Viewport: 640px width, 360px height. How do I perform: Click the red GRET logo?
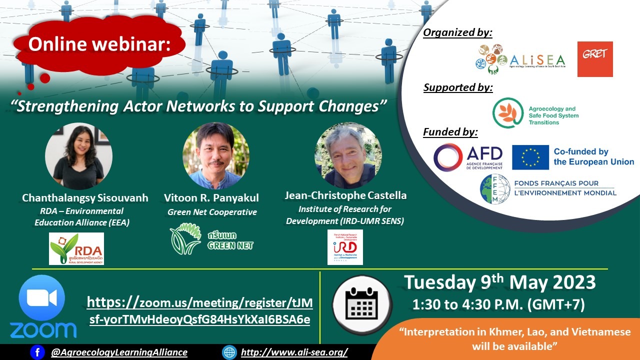click(595, 59)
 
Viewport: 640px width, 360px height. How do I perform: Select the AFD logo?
click(468, 157)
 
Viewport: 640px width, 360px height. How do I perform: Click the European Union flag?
click(530, 157)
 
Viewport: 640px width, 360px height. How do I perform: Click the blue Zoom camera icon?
click(42, 298)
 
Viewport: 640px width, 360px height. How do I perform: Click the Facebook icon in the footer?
click(37, 352)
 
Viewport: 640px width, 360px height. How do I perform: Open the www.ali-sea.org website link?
click(294, 352)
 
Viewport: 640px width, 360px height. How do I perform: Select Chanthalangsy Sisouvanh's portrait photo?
click(78, 155)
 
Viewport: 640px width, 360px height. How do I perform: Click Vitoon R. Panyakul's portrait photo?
click(215, 155)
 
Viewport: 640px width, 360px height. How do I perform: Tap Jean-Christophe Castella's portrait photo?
click(348, 155)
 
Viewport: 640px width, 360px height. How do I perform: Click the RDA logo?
click(76, 248)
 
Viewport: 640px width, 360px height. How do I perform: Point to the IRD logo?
click(345, 247)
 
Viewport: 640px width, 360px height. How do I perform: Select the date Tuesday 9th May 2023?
click(499, 283)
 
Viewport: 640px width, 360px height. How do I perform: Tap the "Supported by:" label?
click(458, 87)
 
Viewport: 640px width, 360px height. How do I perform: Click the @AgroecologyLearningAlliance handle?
click(119, 352)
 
